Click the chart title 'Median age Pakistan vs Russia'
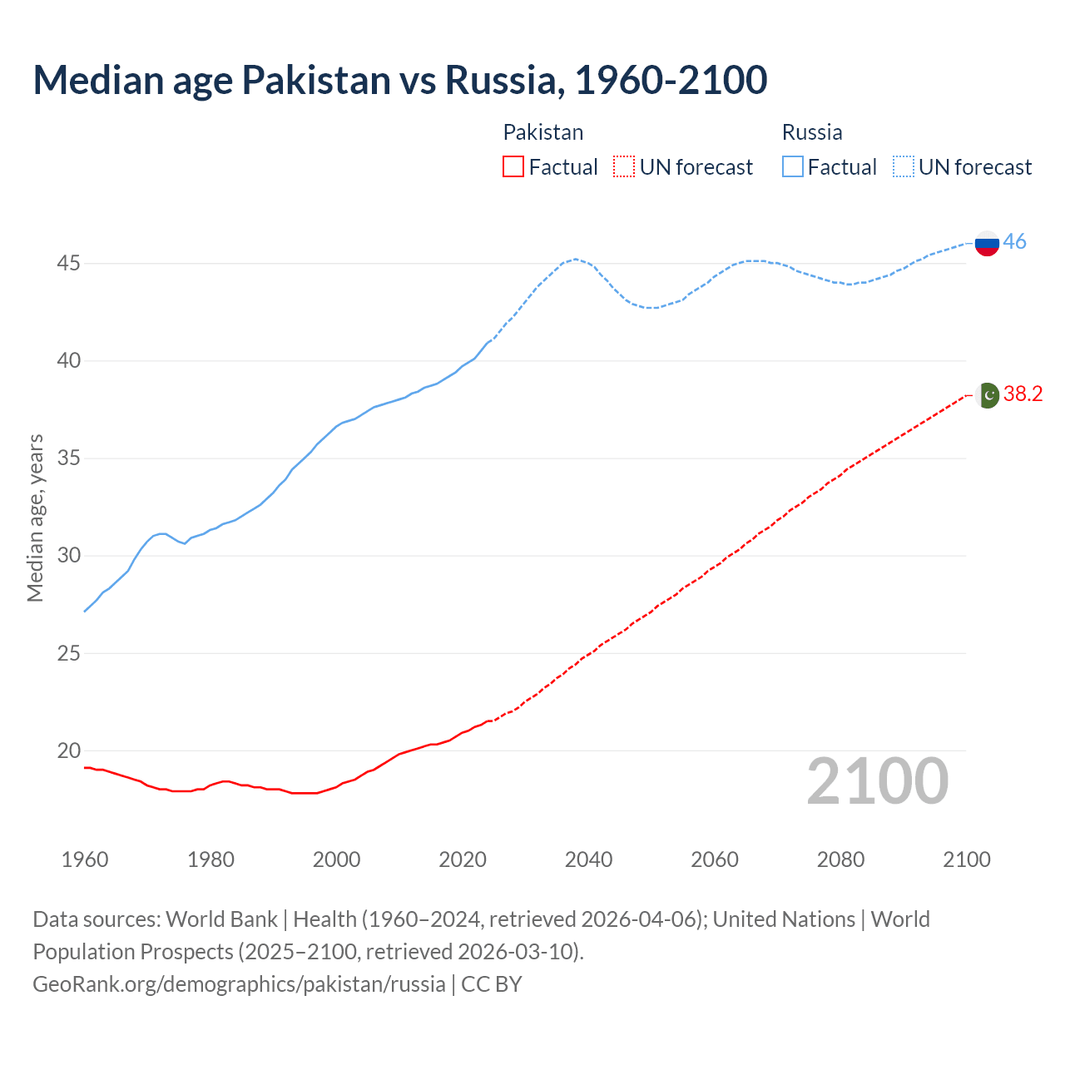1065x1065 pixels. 399,80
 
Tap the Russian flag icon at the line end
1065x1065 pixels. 987,243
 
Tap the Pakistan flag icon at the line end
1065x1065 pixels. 988,395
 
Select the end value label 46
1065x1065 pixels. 1014,242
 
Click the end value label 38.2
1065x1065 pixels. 1023,394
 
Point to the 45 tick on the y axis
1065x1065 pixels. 69,264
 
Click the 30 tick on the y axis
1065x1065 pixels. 69,556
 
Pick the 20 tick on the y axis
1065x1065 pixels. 69,750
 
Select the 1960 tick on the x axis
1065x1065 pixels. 85,859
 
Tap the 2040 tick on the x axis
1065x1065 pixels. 588,859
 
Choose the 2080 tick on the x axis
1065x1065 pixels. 840,859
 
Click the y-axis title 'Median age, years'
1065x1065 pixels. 35,518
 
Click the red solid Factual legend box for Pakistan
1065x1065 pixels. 513,167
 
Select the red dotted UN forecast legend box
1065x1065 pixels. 624,167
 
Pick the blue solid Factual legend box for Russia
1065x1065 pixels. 793,167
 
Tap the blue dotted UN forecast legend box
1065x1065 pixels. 903,167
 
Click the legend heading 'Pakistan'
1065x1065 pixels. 543,132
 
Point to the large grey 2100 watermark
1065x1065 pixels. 877,781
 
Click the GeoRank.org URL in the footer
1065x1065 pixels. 240,983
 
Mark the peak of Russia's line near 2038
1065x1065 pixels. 575,259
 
